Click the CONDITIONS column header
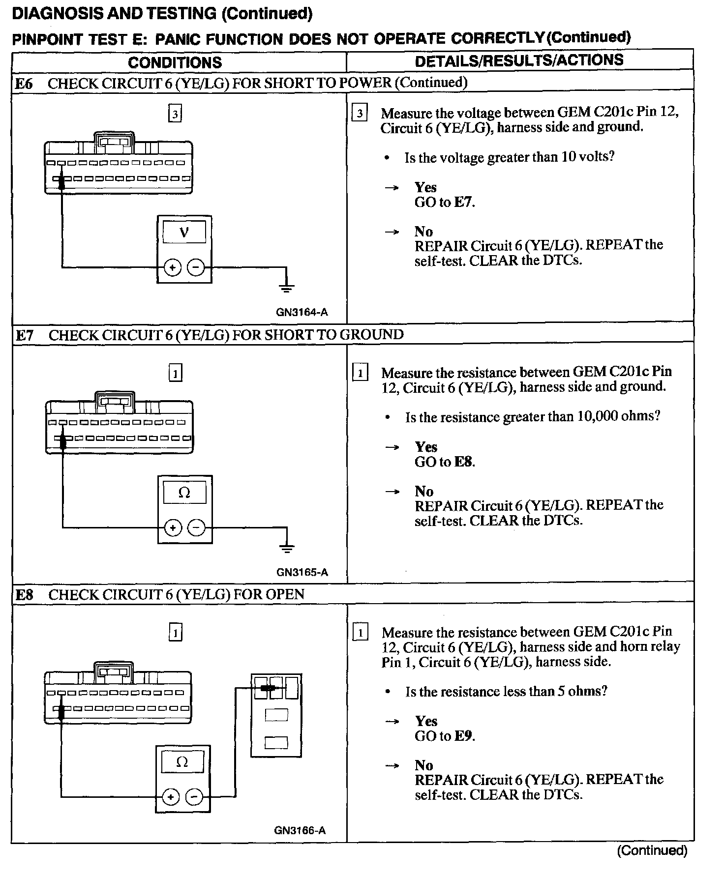click(x=175, y=62)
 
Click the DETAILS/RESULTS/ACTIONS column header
click(x=519, y=60)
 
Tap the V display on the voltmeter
click(x=184, y=232)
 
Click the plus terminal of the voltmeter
click(x=172, y=268)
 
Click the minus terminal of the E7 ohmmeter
click(x=196, y=528)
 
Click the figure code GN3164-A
click(x=302, y=312)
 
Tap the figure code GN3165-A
click(x=302, y=572)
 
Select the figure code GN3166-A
click(x=300, y=830)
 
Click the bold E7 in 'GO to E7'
click(x=463, y=202)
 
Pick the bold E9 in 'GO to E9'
click(x=464, y=736)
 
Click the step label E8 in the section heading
click(x=25, y=595)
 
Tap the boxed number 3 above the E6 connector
click(x=175, y=114)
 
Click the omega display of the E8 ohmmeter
click(x=182, y=762)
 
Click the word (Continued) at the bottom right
click(x=652, y=850)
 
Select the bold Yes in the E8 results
click(x=426, y=721)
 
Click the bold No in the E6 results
click(x=423, y=232)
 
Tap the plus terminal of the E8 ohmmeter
click(x=170, y=797)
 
